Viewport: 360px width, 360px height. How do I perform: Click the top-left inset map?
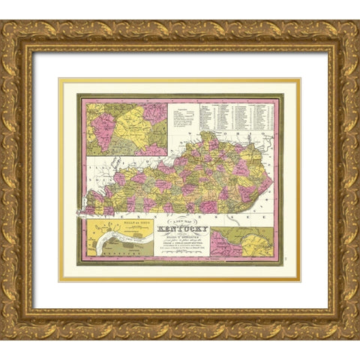pyautogui.click(x=125, y=129)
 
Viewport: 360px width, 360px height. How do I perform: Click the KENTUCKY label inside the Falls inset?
pyautogui.click(x=112, y=255)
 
